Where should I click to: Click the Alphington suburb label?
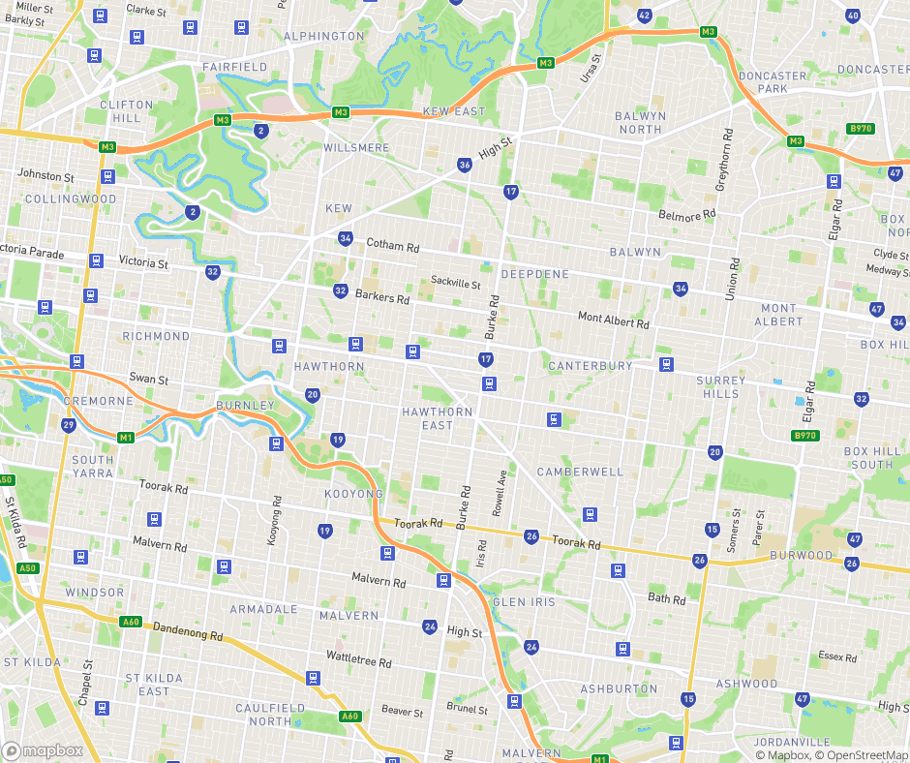point(324,36)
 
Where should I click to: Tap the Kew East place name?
point(454,111)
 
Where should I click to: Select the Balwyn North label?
point(640,122)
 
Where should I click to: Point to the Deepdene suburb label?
point(535,274)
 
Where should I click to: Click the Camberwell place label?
point(581,472)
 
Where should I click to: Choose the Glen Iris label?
point(525,601)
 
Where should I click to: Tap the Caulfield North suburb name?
point(270,715)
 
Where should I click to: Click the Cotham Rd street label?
point(393,246)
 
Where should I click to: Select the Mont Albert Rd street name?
point(613,319)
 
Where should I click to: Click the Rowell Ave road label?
point(500,492)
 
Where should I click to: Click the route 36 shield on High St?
point(465,166)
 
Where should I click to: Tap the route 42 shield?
point(645,15)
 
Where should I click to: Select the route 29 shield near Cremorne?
point(68,425)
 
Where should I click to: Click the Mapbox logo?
point(43,750)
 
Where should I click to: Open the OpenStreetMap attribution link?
point(862,755)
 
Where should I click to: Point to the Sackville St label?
point(456,284)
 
